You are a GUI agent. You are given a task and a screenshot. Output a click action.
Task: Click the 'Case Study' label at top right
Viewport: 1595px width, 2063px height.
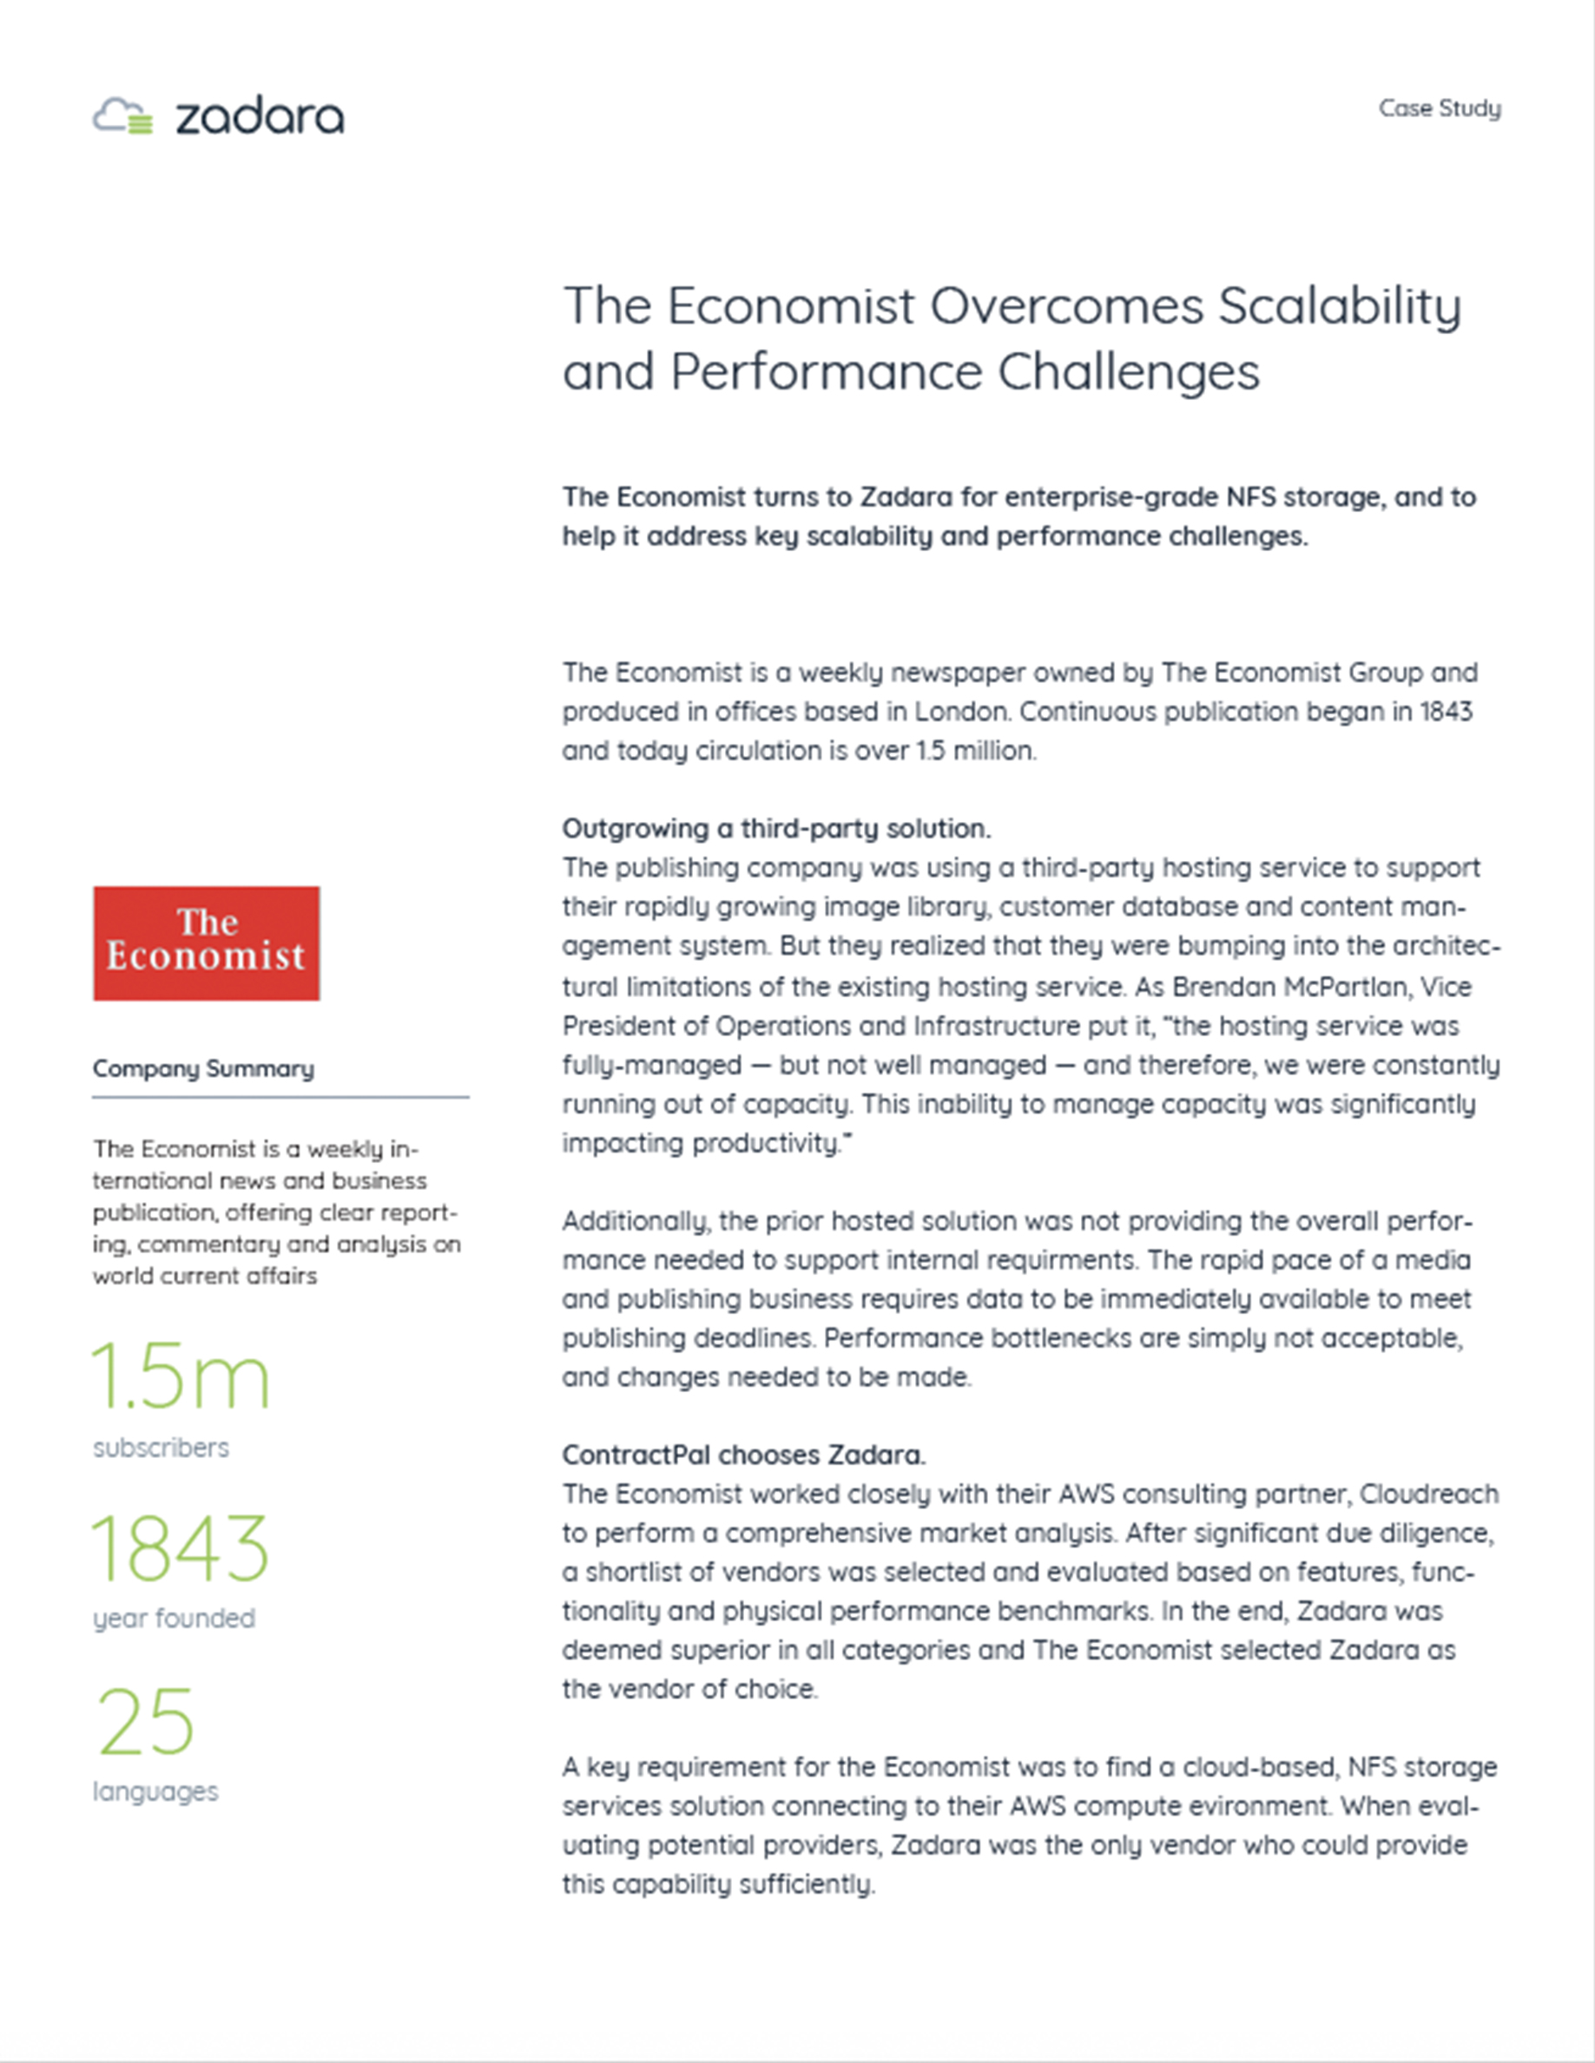click(x=1439, y=108)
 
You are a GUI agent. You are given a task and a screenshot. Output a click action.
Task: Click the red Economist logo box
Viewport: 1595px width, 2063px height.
click(x=206, y=943)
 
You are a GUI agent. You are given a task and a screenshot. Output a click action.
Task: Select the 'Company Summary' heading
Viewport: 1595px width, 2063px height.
click(x=203, y=1068)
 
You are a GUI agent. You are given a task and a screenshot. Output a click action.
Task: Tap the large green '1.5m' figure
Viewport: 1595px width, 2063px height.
click(x=181, y=1378)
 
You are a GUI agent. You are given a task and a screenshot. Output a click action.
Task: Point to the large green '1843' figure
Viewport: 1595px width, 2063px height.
click(x=181, y=1548)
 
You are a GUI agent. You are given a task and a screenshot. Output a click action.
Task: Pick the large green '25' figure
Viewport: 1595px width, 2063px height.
click(x=147, y=1722)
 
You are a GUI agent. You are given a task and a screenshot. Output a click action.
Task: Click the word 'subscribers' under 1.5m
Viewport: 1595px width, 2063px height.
click(x=161, y=1447)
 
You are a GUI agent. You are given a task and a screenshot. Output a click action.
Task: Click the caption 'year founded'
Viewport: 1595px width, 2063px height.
click(x=174, y=1618)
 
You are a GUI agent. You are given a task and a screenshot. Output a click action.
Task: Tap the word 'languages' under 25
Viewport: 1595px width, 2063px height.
click(x=155, y=1791)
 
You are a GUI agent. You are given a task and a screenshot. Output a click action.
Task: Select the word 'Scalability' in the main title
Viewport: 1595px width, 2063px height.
click(x=1339, y=307)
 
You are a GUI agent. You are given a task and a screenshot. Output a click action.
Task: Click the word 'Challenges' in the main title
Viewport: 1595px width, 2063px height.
click(x=1128, y=371)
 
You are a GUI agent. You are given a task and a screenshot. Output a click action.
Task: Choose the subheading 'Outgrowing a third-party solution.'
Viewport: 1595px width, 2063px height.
click(x=775, y=829)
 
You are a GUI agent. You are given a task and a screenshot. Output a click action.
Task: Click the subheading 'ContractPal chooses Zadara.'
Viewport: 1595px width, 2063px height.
click(x=743, y=1455)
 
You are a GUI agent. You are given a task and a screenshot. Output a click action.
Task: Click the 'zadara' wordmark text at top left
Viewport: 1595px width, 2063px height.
click(x=260, y=117)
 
